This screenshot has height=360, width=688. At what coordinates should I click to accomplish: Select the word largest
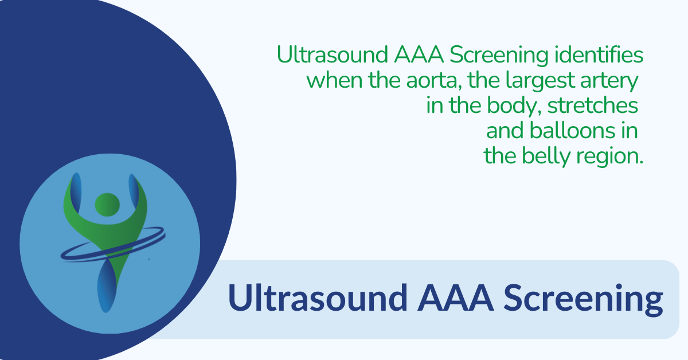click(x=548, y=81)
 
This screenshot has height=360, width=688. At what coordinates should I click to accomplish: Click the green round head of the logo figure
click(x=107, y=204)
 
